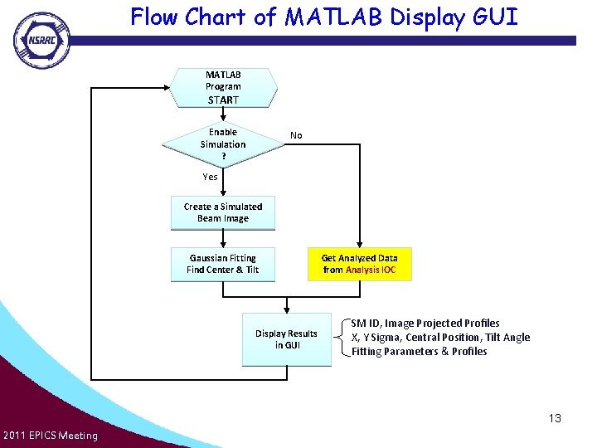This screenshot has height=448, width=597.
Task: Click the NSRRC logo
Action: point(42,41)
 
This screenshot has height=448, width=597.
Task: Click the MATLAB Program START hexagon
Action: point(223,88)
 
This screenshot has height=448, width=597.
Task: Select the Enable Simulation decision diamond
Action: point(223,144)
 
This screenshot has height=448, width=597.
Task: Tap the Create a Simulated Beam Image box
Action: point(223,213)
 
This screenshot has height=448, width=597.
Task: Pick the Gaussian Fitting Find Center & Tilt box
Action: point(223,265)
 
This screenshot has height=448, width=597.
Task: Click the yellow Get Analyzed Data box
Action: point(360,265)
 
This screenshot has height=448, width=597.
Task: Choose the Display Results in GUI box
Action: point(287,339)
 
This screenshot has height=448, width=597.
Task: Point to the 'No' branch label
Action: point(296,135)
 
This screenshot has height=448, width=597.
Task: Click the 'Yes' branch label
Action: point(210,177)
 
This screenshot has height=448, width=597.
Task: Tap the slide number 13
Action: point(555,418)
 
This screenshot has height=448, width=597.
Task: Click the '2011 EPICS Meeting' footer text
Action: point(51,436)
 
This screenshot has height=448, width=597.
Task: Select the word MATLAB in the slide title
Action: point(333,17)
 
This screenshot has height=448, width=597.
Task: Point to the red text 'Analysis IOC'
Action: point(371,270)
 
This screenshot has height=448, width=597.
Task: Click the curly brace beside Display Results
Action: point(342,337)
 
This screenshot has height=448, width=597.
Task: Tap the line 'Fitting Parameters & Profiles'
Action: point(420,351)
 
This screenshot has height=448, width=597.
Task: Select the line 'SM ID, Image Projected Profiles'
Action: point(425,324)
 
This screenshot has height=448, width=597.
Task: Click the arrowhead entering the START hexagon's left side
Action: point(167,88)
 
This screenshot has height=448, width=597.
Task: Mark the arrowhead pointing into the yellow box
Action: point(359,245)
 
